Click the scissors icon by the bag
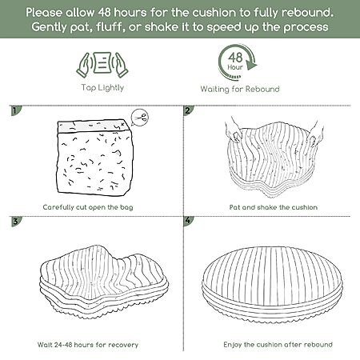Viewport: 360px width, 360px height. click(x=140, y=117)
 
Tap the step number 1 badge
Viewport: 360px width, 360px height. click(x=15, y=110)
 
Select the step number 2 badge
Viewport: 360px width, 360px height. click(x=188, y=110)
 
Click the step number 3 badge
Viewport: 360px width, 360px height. click(x=16, y=221)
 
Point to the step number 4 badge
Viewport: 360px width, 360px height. click(x=188, y=221)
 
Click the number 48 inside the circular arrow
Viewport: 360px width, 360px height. click(x=235, y=58)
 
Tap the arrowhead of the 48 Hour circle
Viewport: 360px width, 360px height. click(x=251, y=65)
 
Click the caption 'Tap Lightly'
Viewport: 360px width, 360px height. click(x=102, y=88)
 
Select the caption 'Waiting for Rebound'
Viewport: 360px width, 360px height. click(x=240, y=89)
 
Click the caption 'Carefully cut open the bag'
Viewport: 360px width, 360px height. click(x=88, y=207)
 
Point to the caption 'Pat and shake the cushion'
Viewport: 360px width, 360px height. click(x=274, y=207)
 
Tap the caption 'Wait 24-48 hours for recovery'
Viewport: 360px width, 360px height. click(x=88, y=345)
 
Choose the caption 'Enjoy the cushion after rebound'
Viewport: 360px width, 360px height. click(x=278, y=345)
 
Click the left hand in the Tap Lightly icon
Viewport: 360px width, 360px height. click(x=84, y=65)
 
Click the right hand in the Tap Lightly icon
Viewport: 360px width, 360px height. click(x=121, y=65)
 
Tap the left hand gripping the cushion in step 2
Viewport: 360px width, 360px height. click(x=234, y=130)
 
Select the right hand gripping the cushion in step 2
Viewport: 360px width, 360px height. click(x=315, y=132)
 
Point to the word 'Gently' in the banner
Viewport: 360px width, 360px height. click(x=49, y=27)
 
